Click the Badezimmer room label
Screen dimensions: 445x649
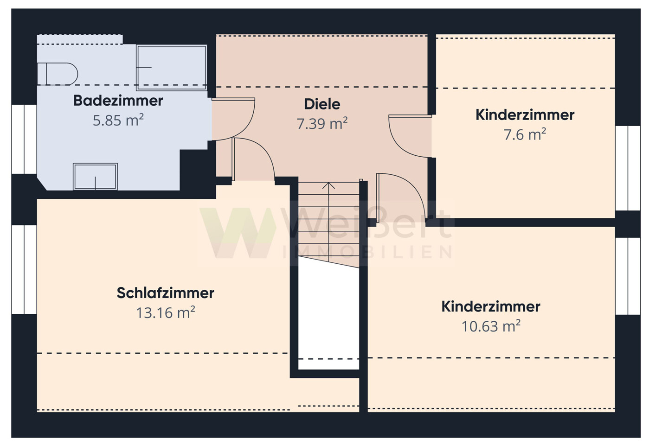coord(118,101)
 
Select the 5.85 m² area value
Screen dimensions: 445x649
coord(118,121)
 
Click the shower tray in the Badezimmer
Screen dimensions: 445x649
coord(171,67)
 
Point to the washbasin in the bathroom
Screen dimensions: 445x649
coord(95,176)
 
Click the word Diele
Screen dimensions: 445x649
coord(322,104)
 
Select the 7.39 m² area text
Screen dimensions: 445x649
coord(322,124)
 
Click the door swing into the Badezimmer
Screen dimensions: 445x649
coord(234,118)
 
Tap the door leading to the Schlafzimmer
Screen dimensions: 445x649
coord(253,158)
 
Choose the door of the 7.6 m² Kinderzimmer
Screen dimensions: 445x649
coord(408,137)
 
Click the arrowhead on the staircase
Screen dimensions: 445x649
coord(328,185)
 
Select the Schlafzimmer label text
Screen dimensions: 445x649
coord(165,293)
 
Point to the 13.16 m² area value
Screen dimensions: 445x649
coord(165,313)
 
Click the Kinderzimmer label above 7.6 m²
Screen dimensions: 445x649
coord(525,115)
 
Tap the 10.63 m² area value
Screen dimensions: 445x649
coord(491,326)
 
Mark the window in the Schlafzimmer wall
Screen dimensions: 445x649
coord(24,269)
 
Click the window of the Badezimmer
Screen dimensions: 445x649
coord(24,139)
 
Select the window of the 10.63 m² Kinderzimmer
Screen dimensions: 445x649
coord(628,276)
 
